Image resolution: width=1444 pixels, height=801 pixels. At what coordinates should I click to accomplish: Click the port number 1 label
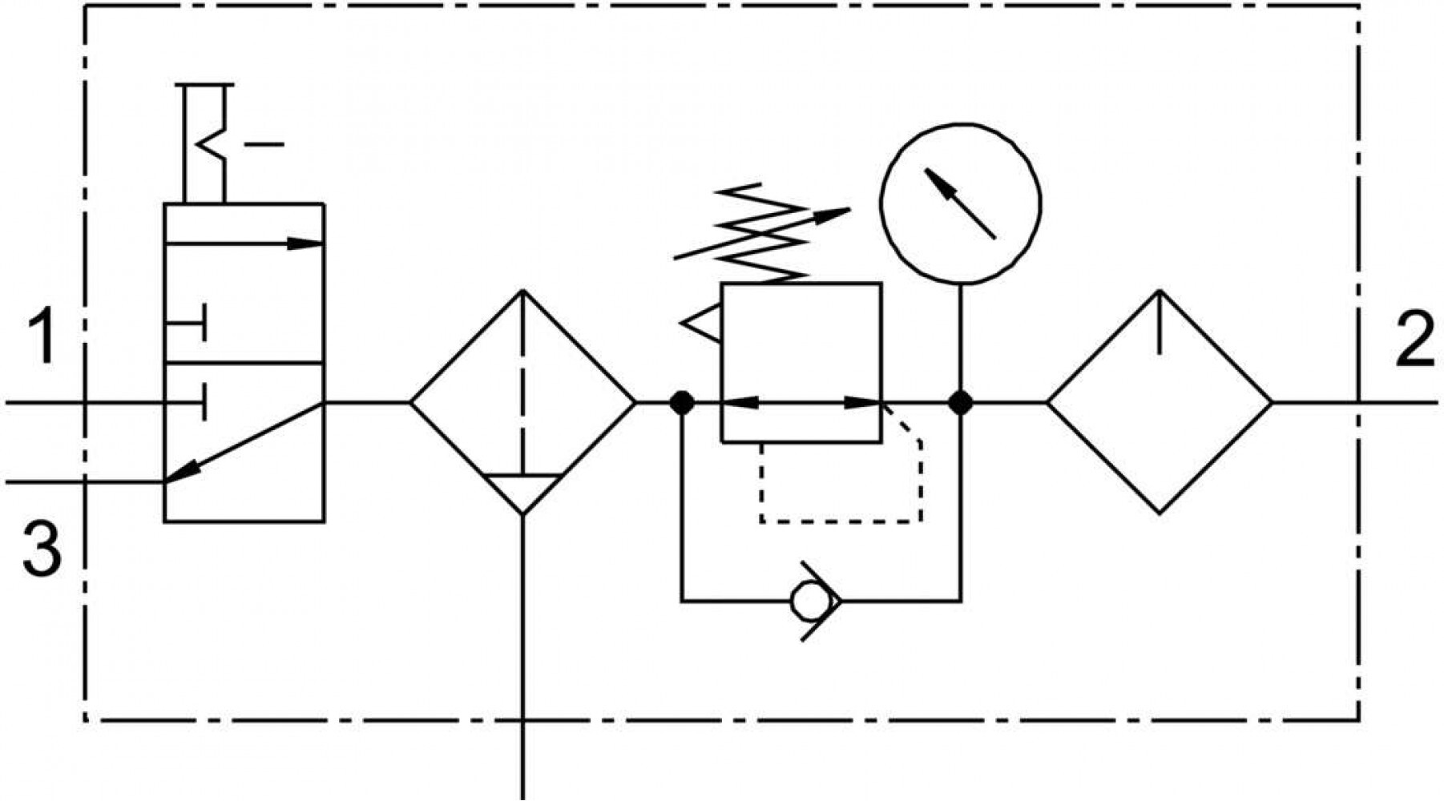(x=42, y=338)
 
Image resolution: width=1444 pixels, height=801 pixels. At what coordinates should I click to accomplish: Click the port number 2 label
(x=1414, y=338)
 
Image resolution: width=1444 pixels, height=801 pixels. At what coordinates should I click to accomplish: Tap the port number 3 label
(x=42, y=548)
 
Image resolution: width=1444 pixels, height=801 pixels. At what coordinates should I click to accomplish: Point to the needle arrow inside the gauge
(x=960, y=203)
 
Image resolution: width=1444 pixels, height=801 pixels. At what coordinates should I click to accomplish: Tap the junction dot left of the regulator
(x=682, y=402)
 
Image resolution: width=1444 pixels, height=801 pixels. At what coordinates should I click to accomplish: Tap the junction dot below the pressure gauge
(x=961, y=402)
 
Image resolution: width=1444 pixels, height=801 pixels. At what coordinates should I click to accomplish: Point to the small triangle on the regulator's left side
(x=700, y=324)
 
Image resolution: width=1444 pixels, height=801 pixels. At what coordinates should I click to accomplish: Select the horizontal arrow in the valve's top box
(x=244, y=243)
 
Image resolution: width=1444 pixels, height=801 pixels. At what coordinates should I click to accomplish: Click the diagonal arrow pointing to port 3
(x=244, y=442)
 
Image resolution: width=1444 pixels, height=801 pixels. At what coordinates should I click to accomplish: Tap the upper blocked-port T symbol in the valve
(x=186, y=323)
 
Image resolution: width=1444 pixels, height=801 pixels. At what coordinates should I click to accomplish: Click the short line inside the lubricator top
(x=1160, y=322)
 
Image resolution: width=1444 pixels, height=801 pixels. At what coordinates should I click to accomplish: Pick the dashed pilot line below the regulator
(x=841, y=522)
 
